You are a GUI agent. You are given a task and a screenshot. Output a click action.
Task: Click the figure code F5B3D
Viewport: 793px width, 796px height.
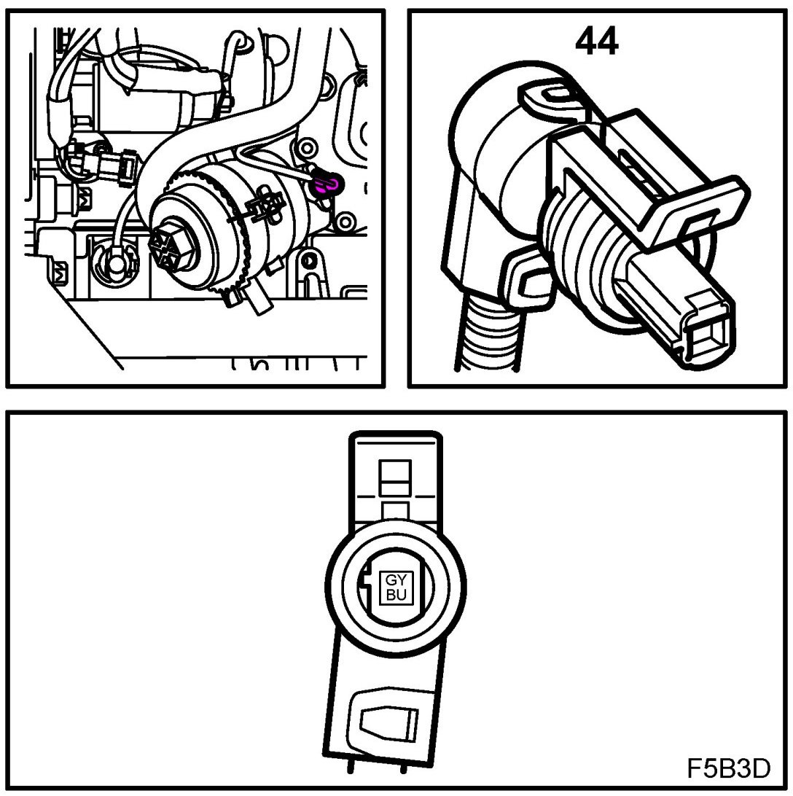(727, 768)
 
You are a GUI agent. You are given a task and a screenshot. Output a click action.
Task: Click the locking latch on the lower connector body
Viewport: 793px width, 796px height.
(385, 721)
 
